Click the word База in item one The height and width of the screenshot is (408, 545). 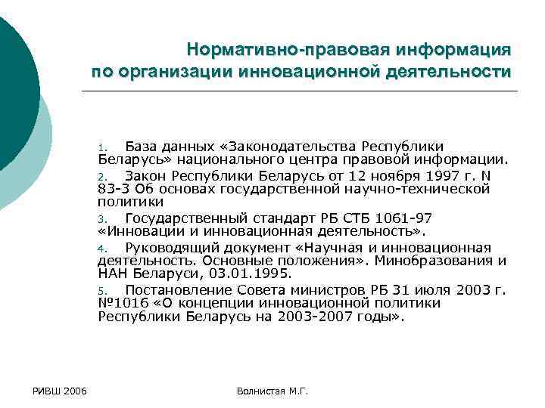(x=142, y=146)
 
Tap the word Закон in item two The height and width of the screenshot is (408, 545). (x=146, y=175)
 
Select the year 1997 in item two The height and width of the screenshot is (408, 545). (x=436, y=175)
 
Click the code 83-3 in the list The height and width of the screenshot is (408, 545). (x=114, y=189)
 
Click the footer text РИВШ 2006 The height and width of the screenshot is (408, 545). (x=59, y=391)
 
